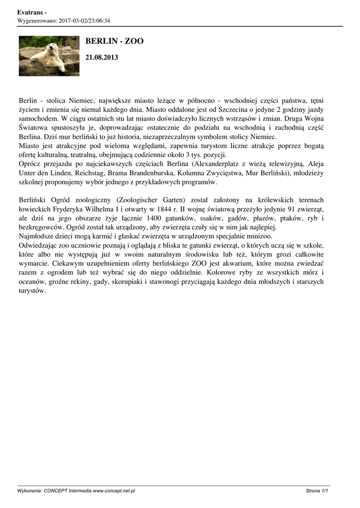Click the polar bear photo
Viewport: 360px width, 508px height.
click(x=49, y=56)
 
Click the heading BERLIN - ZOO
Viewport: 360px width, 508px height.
click(x=115, y=41)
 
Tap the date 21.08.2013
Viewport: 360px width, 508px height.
click(x=102, y=58)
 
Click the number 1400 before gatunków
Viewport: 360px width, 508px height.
click(x=150, y=218)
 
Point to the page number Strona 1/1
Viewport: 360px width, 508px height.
click(x=318, y=491)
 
